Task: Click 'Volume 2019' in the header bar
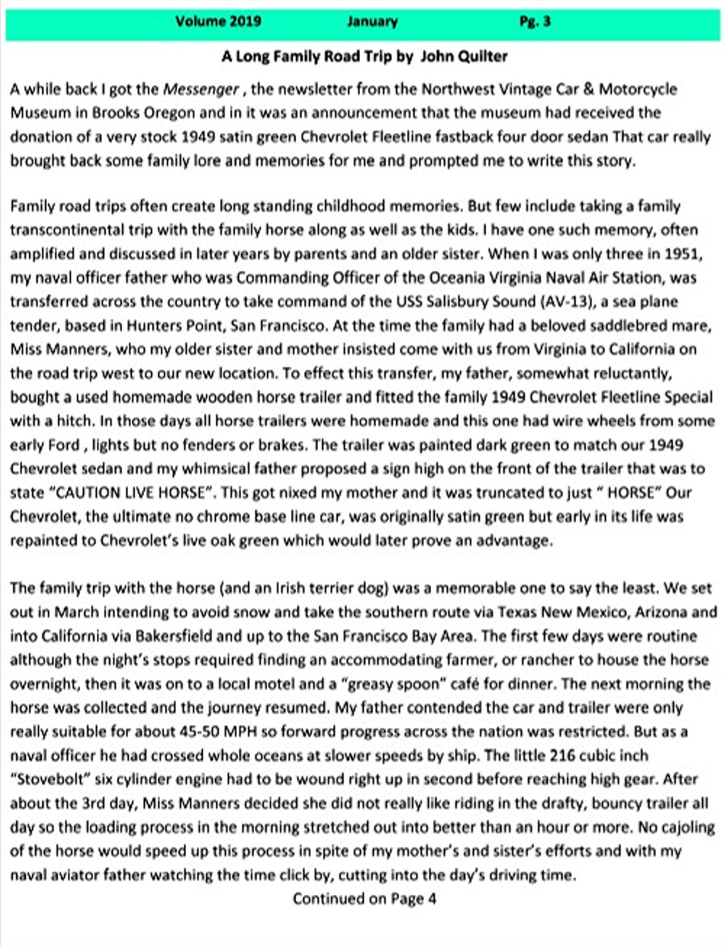pyautogui.click(x=218, y=22)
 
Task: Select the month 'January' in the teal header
pyautogui.click(x=372, y=22)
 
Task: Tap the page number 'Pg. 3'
pyautogui.click(x=535, y=22)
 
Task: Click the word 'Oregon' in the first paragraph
pyautogui.click(x=173, y=113)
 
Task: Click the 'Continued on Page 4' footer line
pyautogui.click(x=364, y=898)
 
